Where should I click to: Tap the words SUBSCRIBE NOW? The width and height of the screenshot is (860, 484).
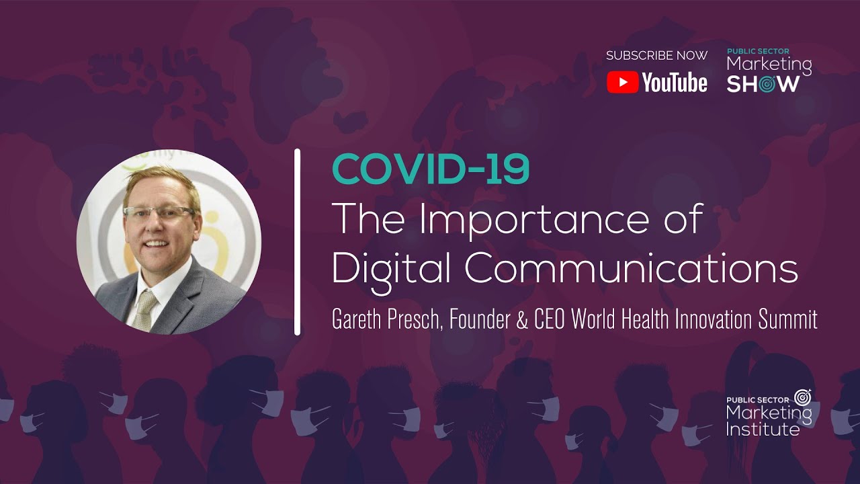point(656,56)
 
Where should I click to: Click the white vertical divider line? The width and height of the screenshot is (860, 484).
point(297,242)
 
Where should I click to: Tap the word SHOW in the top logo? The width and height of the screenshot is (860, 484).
point(763,83)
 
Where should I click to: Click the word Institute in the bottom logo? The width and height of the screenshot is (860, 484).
point(763,429)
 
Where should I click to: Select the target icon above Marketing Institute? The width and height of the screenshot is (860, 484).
point(802,397)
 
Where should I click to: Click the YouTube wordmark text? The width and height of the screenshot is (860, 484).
point(674,83)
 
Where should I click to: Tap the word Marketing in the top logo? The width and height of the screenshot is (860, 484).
point(769,65)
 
